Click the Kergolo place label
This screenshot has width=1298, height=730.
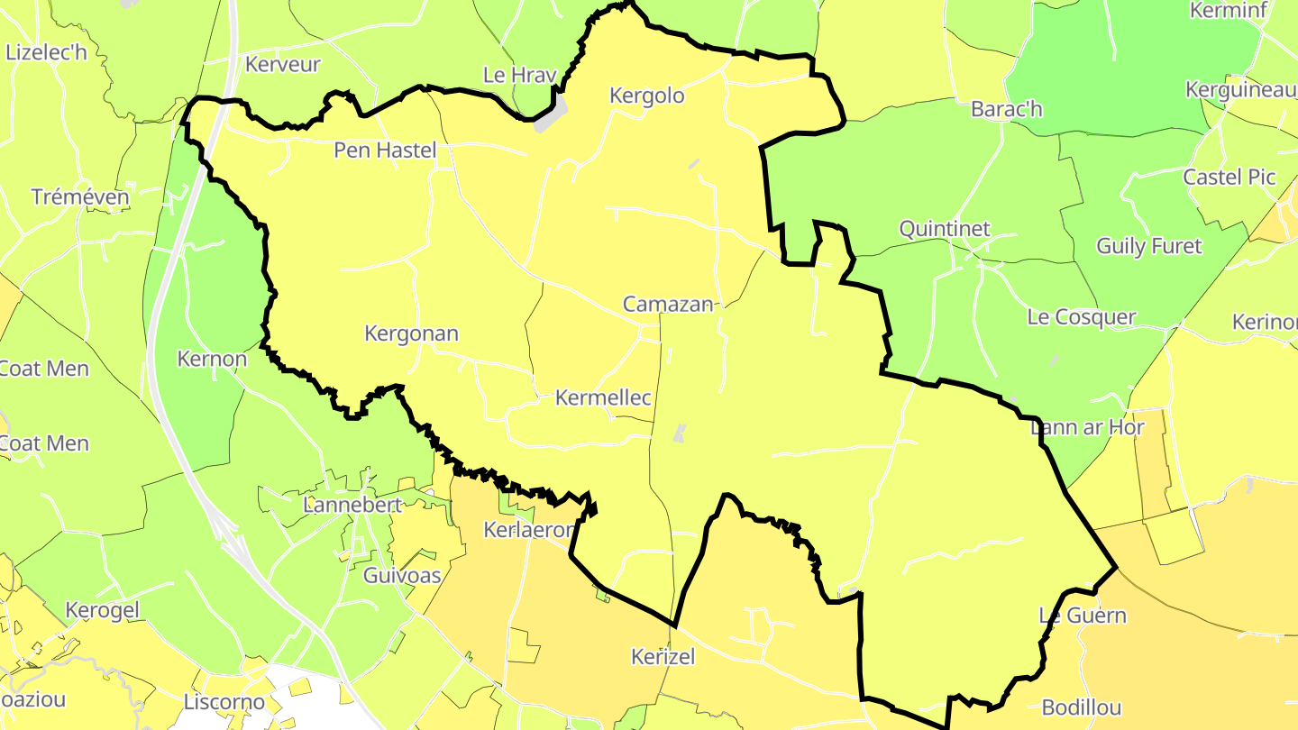point(646,96)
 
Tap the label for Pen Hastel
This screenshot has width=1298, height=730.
point(385,150)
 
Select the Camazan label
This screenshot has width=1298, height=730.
point(668,305)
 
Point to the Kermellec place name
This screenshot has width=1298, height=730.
point(603,397)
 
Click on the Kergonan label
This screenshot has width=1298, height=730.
point(411,333)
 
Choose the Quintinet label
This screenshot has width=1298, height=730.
point(945,229)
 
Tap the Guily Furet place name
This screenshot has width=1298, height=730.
point(1148,245)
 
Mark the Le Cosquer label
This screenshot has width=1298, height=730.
point(1082,317)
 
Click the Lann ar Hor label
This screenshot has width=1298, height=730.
point(1087,427)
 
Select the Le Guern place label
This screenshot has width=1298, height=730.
point(1083,616)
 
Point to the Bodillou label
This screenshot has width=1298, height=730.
point(1082,707)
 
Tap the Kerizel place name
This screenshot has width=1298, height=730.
point(663,657)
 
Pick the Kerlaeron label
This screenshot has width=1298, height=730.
point(528,530)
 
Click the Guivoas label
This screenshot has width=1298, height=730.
point(402,575)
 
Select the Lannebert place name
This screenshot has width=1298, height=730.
point(352,505)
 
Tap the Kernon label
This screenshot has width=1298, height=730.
point(212,359)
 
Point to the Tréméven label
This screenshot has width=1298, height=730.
point(79,196)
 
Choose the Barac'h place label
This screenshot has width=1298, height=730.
point(1007,109)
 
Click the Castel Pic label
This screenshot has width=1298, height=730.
point(1229,177)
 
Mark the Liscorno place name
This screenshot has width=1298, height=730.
point(224,701)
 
